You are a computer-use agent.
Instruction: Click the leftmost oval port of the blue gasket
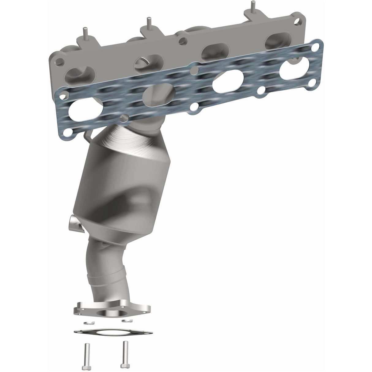tap(84, 111)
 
